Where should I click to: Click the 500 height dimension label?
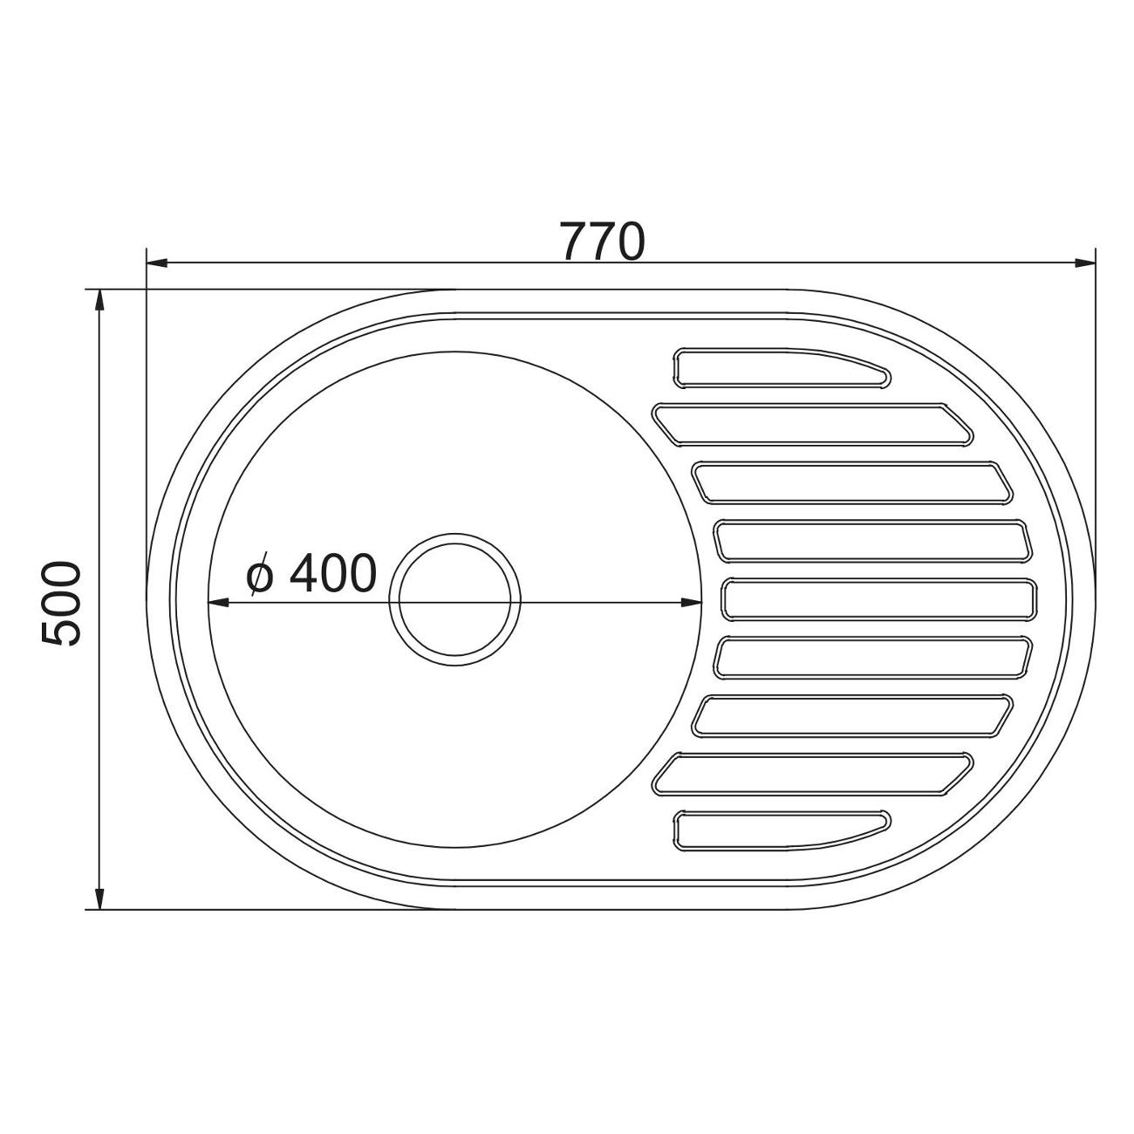pyautogui.click(x=60, y=604)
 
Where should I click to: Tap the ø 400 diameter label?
pyautogui.click(x=311, y=573)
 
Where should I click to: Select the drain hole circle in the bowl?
pyautogui.click(x=454, y=599)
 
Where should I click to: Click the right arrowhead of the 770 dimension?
pyautogui.click(x=1084, y=263)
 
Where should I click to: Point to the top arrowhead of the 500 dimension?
pyautogui.click(x=99, y=301)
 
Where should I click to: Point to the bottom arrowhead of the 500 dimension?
pyautogui.click(x=99, y=898)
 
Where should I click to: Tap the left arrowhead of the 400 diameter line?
pyautogui.click(x=219, y=602)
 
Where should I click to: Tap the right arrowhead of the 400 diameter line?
pyautogui.click(x=691, y=602)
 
